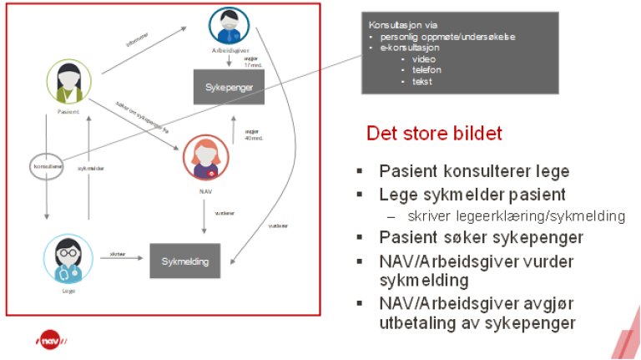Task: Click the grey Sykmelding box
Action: point(185,261)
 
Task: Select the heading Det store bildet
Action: point(434,134)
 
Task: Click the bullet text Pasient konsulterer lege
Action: point(474,171)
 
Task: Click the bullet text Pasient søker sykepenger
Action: point(482,237)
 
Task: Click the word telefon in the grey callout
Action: point(421,70)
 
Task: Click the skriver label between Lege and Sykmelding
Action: point(118,253)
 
